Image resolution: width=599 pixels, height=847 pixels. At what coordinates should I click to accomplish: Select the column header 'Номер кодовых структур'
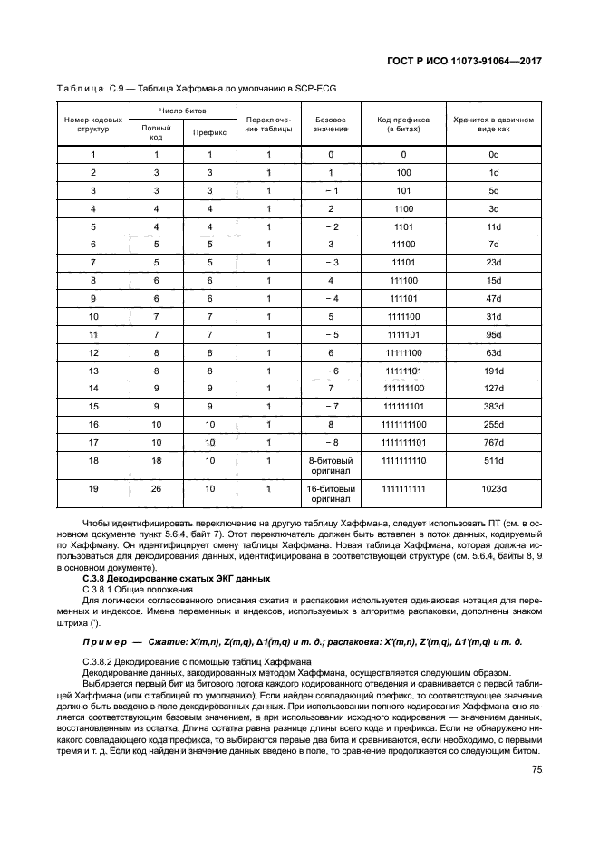click(x=93, y=124)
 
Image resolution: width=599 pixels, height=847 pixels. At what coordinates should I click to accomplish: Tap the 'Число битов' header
click(x=182, y=111)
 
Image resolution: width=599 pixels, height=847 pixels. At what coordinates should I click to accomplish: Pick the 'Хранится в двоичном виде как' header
click(x=494, y=124)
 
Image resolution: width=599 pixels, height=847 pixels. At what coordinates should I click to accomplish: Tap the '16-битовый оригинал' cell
click(x=331, y=494)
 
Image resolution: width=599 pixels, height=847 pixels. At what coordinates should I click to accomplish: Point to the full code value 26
click(x=156, y=489)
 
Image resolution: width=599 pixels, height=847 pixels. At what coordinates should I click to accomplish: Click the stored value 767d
click(x=494, y=441)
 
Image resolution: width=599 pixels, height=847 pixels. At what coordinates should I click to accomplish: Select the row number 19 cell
click(x=93, y=489)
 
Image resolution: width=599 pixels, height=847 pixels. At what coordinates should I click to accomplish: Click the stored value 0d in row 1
click(x=494, y=154)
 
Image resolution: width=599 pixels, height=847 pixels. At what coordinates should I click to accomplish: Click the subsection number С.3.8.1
click(x=101, y=588)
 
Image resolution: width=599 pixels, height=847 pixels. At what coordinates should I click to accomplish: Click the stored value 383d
click(x=494, y=405)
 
